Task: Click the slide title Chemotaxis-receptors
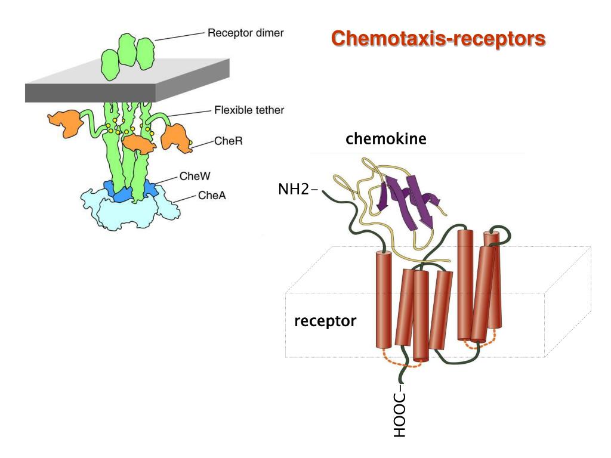(x=438, y=39)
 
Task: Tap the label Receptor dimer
(x=245, y=33)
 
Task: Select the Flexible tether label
(x=249, y=110)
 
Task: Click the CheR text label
(x=229, y=141)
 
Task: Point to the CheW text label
(x=195, y=177)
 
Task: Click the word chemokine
(x=385, y=140)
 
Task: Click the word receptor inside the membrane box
(x=325, y=321)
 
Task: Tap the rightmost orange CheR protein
(x=176, y=137)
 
